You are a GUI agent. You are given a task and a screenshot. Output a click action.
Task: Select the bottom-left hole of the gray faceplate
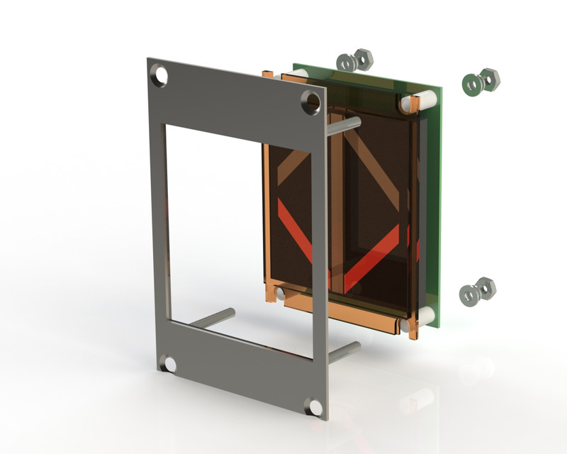click(169, 364)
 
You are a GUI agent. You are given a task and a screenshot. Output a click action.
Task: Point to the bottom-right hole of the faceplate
click(313, 407)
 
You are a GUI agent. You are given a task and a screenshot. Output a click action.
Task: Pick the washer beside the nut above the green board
click(346, 62)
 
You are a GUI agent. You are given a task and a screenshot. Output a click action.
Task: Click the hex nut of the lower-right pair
click(485, 288)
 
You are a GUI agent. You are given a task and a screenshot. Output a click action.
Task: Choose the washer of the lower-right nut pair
click(468, 294)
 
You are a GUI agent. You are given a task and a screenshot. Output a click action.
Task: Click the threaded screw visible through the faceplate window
click(213, 318)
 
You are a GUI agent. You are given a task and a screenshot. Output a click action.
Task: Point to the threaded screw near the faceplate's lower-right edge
click(344, 351)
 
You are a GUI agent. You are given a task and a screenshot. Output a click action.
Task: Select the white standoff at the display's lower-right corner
click(410, 325)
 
